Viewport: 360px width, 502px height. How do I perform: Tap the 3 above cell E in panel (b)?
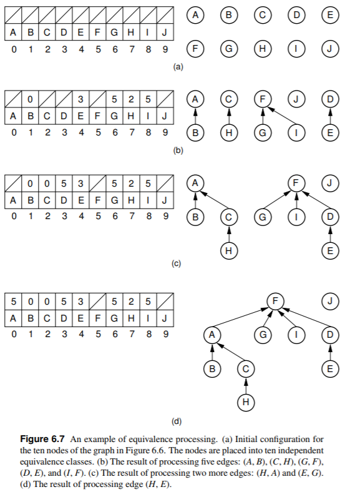point(80,99)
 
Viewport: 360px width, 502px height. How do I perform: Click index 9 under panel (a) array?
point(164,48)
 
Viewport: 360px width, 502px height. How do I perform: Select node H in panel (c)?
point(228,251)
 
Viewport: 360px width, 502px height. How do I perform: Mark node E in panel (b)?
point(329,132)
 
